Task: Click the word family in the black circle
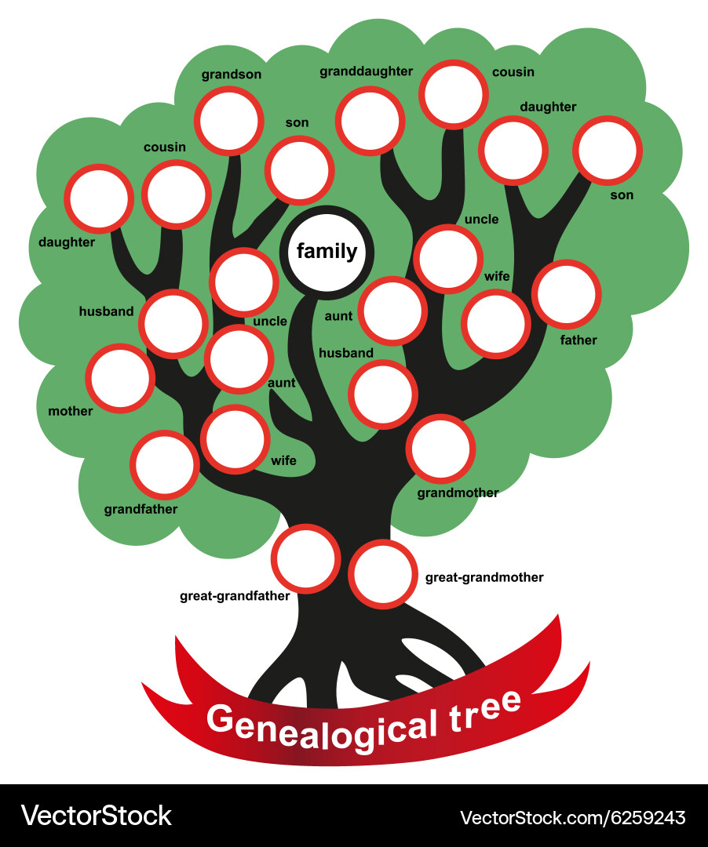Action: pyautogui.click(x=327, y=251)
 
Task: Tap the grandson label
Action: pyautogui.click(x=231, y=75)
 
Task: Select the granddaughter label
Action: pyautogui.click(x=366, y=71)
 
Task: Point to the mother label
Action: pyautogui.click(x=71, y=411)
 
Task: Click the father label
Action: pyautogui.click(x=578, y=340)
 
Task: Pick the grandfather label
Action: pyautogui.click(x=141, y=509)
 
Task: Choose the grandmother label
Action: pyautogui.click(x=458, y=493)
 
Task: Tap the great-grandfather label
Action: pyautogui.click(x=235, y=596)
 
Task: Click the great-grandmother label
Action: pyautogui.click(x=484, y=577)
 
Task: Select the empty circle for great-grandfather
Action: pyautogui.click(x=305, y=558)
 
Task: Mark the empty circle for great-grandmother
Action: pyautogui.click(x=382, y=573)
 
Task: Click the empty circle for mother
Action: pyautogui.click(x=120, y=378)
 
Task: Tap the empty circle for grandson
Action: pyautogui.click(x=229, y=120)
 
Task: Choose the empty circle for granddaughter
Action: pyautogui.click(x=370, y=121)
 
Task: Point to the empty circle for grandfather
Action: pyautogui.click(x=165, y=464)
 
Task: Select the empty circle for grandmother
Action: pyautogui.click(x=441, y=449)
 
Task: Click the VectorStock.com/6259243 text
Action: pyautogui.click(x=572, y=816)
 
